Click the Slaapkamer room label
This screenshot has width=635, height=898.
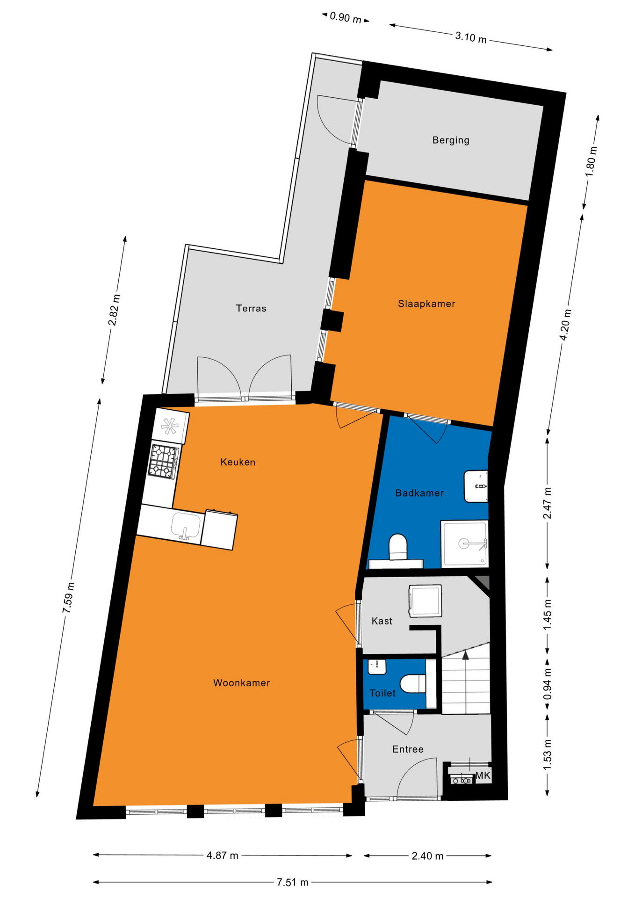426,304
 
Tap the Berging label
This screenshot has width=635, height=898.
451,140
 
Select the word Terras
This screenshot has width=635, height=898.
251,308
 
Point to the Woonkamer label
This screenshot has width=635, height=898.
242,683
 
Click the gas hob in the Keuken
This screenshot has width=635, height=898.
164,461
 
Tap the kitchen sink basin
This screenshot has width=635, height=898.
186,526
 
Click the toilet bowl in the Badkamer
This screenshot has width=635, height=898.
398,546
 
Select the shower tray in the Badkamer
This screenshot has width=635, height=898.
465,543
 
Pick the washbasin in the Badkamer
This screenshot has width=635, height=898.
476,486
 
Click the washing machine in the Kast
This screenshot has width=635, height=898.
425,601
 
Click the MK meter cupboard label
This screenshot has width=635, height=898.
483,776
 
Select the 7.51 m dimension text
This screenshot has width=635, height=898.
293,883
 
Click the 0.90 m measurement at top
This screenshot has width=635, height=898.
346,18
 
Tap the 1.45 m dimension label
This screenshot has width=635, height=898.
548,615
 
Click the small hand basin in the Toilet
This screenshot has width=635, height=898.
377,666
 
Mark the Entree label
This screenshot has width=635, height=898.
408,749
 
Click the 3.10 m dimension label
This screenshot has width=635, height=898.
471,37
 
